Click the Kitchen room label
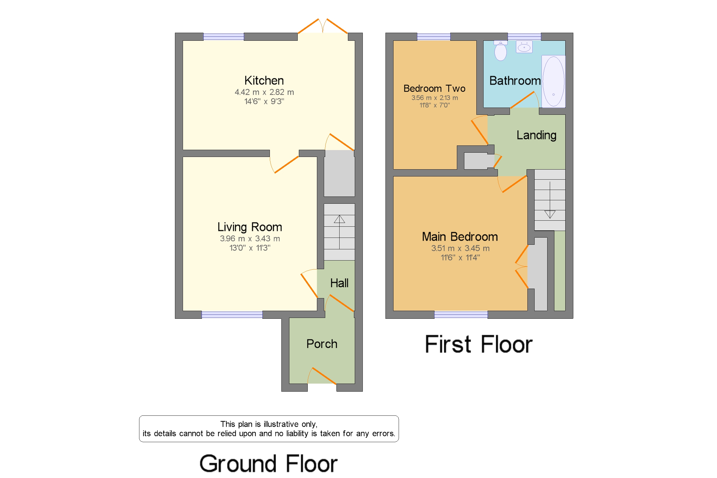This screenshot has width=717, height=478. (264, 80)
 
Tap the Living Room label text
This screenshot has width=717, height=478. (250, 227)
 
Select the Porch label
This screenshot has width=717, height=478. (322, 344)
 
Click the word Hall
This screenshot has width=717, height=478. (339, 283)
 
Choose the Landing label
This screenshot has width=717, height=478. (536, 135)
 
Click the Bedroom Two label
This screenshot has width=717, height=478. (434, 88)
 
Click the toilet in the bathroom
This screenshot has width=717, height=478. (500, 50)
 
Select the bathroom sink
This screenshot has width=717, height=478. (524, 47)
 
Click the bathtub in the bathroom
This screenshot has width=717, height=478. (553, 81)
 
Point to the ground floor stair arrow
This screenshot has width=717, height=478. (339, 232)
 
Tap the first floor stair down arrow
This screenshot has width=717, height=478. (550, 200)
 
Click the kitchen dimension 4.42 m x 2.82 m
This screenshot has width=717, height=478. (264, 92)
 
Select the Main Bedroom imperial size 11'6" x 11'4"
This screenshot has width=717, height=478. (460, 258)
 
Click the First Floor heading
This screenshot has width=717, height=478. (479, 344)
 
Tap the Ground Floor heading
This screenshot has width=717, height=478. (268, 464)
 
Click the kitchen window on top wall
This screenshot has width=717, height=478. (223, 37)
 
